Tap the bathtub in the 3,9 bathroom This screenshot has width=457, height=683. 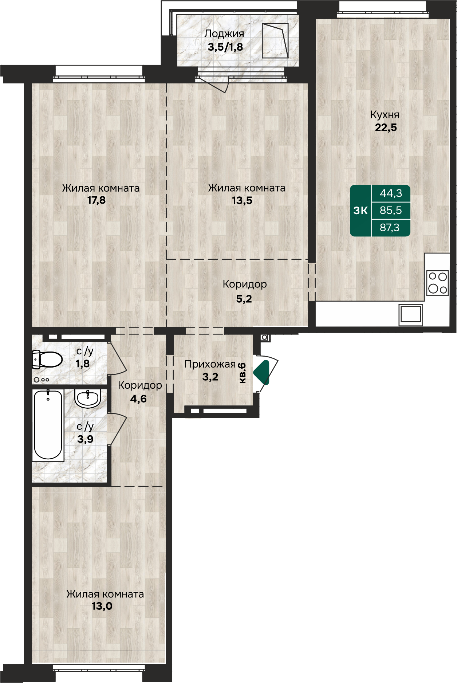pyautogui.click(x=48, y=425)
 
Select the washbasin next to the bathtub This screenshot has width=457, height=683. pyautogui.click(x=88, y=398)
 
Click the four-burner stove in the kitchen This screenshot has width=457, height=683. pyautogui.click(x=437, y=283)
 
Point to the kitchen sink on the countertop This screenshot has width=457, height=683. pyautogui.click(x=411, y=314)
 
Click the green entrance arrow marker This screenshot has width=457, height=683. pyautogui.click(x=261, y=372)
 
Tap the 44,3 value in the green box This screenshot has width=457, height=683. pyautogui.click(x=391, y=193)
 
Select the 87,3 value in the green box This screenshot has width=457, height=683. pyautogui.click(x=390, y=228)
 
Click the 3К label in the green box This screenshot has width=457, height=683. pyautogui.click(x=361, y=210)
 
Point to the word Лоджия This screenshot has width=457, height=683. pyautogui.click(x=224, y=34)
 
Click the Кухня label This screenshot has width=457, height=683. pyautogui.click(x=385, y=115)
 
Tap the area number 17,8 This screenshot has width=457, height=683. pyautogui.click(x=96, y=200)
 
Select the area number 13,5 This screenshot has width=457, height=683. pyautogui.click(x=242, y=200)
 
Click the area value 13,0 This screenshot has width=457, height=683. pyautogui.click(x=102, y=606)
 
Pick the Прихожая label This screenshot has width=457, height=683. pyautogui.click(x=210, y=364)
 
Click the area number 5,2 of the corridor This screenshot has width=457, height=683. pyautogui.click(x=244, y=299)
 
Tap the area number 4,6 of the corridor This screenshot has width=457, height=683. pyautogui.click(x=138, y=399)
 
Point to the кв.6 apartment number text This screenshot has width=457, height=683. pyautogui.click(x=242, y=373)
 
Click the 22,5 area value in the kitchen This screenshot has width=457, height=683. pyautogui.click(x=386, y=127)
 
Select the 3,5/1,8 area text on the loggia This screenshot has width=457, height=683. pyautogui.click(x=225, y=47)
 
